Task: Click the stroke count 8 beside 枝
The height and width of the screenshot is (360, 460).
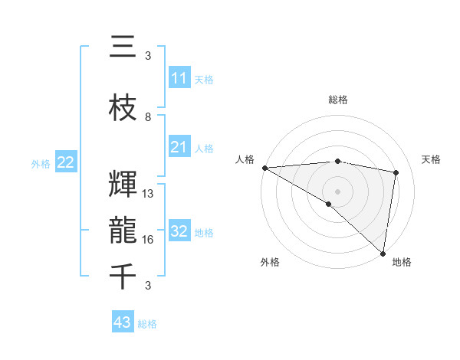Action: click(148, 117)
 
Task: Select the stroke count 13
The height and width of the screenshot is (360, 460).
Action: click(149, 194)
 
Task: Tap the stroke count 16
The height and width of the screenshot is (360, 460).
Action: click(149, 240)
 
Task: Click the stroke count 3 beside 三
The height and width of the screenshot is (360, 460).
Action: click(148, 56)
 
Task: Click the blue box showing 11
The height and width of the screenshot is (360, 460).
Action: click(179, 78)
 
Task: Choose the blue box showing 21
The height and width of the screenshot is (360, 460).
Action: click(179, 147)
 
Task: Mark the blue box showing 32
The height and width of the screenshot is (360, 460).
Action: click(179, 231)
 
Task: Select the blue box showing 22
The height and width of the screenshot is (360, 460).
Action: click(66, 162)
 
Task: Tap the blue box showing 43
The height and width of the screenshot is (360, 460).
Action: click(122, 322)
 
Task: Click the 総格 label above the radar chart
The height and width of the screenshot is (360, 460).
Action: click(337, 100)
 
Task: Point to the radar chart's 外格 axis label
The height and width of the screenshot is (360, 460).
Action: click(270, 262)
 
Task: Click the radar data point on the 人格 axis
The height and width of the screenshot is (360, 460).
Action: click(264, 168)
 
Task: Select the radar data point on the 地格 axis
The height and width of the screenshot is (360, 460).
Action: click(383, 253)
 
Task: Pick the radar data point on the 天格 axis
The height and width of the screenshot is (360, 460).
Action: click(396, 172)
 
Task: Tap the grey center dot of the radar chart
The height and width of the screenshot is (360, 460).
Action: click(337, 191)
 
